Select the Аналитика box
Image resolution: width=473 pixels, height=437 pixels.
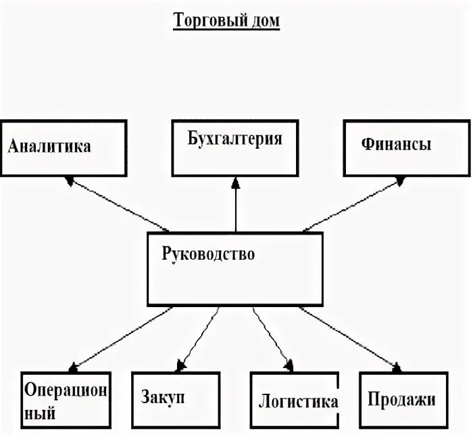click(x=64, y=148)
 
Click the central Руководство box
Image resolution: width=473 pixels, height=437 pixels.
click(x=235, y=268)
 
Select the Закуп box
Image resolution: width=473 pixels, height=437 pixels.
click(x=173, y=401)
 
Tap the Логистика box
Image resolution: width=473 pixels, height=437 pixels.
click(x=294, y=401)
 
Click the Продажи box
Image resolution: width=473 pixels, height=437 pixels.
click(x=403, y=401)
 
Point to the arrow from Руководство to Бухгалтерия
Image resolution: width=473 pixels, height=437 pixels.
click(x=236, y=206)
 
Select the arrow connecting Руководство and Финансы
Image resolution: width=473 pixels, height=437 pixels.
click(x=351, y=204)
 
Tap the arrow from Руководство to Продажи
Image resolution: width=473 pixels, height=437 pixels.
click(x=348, y=338)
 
